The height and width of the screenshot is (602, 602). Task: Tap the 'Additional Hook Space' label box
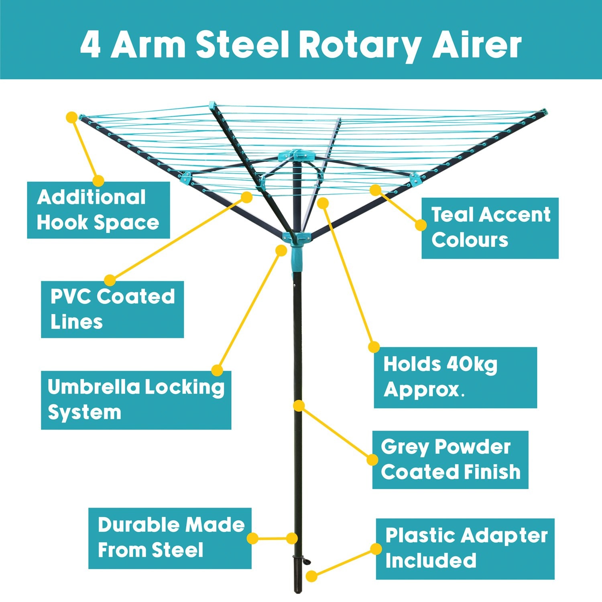(x=98, y=210)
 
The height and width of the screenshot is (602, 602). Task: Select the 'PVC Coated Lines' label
(x=112, y=309)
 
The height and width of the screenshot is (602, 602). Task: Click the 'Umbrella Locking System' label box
(x=136, y=400)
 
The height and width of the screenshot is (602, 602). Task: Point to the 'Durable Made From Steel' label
(x=170, y=538)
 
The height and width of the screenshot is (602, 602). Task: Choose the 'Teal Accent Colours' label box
(x=490, y=228)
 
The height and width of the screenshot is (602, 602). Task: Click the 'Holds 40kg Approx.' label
(x=455, y=378)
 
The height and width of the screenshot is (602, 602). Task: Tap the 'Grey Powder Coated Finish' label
(x=450, y=460)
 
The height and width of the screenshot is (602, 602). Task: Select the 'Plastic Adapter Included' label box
(x=465, y=549)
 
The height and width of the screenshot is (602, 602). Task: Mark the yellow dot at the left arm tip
(x=72, y=117)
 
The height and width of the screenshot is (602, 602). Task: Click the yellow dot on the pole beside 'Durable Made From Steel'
(x=292, y=538)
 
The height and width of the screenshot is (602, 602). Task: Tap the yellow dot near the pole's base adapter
(x=311, y=576)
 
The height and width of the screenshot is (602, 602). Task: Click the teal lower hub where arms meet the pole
(x=296, y=238)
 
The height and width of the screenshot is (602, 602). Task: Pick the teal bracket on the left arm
(x=185, y=178)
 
